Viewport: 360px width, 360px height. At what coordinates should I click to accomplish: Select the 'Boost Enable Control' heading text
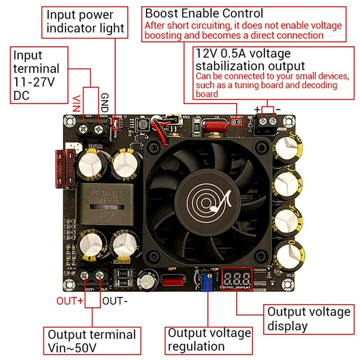point(204,13)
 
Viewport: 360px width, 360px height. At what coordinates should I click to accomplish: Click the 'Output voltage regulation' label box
point(209,340)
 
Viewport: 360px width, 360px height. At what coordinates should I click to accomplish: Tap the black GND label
point(104,103)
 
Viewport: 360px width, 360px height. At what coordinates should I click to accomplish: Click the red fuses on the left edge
point(64,168)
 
